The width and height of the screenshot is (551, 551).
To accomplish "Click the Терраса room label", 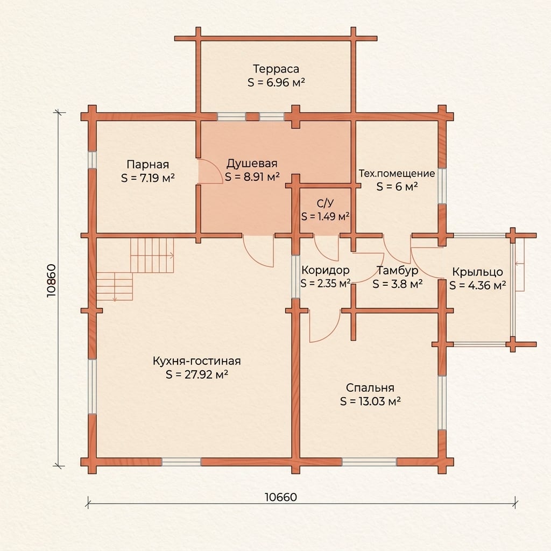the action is coord(276,69).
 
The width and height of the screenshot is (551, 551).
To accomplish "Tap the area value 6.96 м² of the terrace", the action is coord(276,82).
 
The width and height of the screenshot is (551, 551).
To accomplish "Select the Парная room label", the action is coord(147,165).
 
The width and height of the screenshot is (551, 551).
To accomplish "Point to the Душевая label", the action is coord(252,164).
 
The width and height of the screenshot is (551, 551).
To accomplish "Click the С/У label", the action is coord(325,203).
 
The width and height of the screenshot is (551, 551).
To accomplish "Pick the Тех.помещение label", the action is coord(397,173).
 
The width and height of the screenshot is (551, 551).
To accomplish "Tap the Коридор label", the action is coord(326,270).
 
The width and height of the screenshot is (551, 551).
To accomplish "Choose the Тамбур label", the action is coord(398,270).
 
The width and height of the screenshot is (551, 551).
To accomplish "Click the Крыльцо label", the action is coord(477,272).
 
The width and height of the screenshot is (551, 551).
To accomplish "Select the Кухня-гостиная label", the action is coord(197,361).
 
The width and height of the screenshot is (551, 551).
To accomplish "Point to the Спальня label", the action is coord(370,387).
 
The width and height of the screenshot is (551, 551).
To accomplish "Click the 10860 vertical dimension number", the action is coord(51,281).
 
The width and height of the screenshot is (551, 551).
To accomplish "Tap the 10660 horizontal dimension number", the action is coord(280,497).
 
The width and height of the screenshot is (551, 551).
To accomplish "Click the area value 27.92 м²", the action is coord(197,375).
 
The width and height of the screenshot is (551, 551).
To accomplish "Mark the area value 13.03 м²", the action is coord(370,401).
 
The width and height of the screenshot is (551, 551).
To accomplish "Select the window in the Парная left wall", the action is coord(92,160).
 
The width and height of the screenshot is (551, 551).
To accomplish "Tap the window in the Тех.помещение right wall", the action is coord(442,186).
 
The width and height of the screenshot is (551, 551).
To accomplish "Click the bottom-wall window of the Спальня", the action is coord(369,462).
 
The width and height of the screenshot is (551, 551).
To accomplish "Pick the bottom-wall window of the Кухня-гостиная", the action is coord(181,462).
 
